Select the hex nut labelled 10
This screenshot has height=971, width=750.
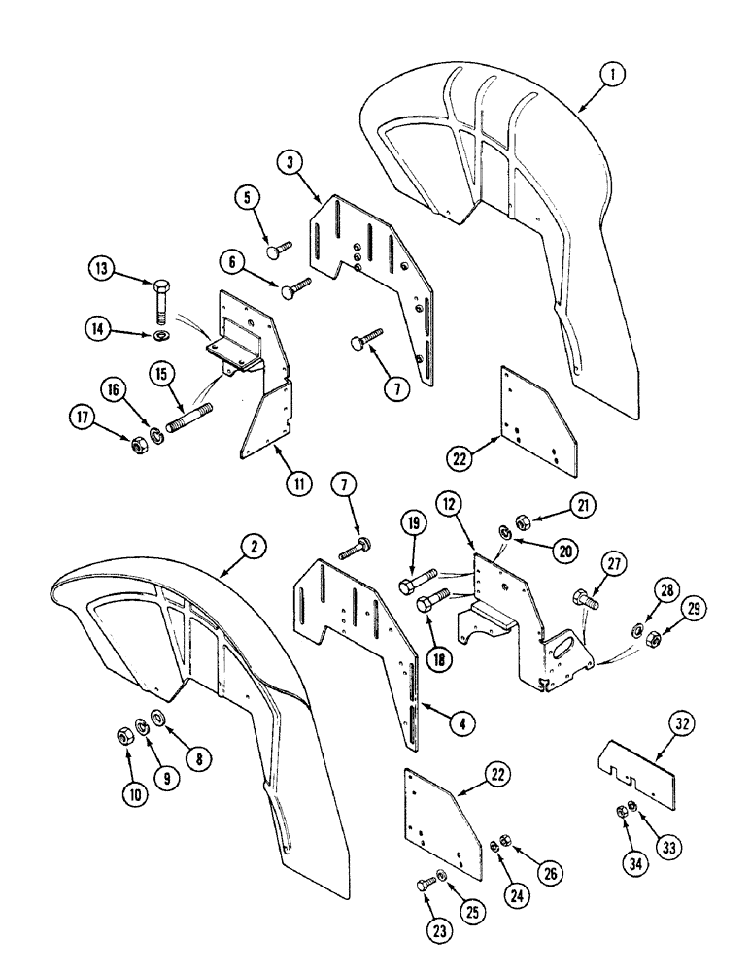124,763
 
